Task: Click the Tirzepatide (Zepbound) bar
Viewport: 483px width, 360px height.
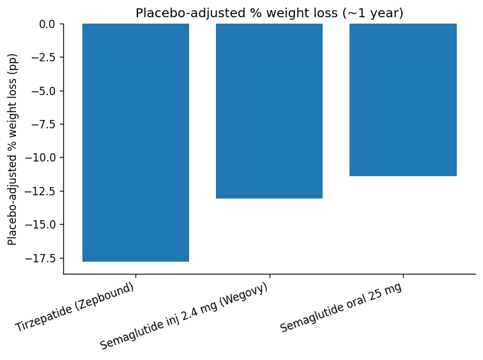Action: (135, 142)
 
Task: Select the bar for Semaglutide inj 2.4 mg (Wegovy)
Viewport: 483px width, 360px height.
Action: (269, 111)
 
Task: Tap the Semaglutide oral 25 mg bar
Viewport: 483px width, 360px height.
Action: (402, 100)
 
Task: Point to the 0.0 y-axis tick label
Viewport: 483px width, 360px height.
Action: (46, 24)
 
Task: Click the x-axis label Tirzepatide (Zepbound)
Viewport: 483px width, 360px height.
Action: (75, 307)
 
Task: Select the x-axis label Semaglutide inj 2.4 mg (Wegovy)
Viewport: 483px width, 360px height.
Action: (184, 316)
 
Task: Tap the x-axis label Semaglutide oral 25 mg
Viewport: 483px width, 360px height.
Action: (341, 307)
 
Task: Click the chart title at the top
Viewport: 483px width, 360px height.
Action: (269, 13)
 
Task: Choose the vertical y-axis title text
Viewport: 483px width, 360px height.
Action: (13, 149)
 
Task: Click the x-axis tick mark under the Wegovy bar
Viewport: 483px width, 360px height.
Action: (269, 276)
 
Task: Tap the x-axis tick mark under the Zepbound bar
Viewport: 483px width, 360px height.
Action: (135, 276)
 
